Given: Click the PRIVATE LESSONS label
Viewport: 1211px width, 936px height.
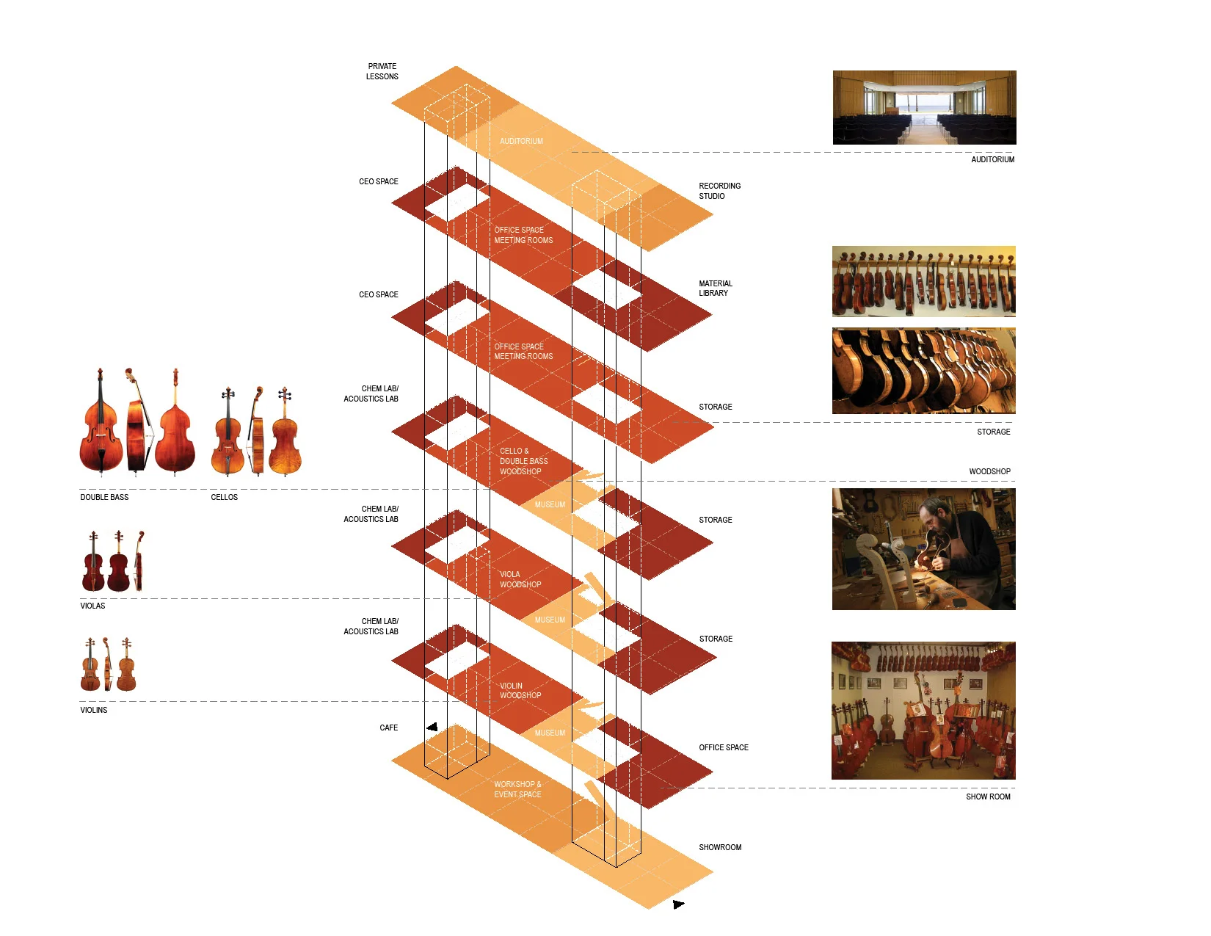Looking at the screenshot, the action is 382,71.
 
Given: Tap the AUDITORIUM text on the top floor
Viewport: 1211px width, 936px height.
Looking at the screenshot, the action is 521,141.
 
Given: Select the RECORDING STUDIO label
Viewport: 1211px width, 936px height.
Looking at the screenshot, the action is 719,191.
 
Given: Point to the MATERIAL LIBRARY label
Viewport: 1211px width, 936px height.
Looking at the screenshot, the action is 715,289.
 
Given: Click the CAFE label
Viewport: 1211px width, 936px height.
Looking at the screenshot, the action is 388,728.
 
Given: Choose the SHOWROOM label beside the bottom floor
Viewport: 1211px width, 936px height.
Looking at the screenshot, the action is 719,847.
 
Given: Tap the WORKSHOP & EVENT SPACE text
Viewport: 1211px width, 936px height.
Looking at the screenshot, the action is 517,789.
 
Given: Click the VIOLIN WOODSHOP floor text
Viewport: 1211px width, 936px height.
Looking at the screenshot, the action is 520,691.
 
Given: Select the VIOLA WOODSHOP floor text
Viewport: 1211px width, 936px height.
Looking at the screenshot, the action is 520,579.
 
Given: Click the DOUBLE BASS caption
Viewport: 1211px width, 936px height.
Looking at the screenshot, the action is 104,497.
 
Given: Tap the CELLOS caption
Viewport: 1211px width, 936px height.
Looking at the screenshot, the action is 224,497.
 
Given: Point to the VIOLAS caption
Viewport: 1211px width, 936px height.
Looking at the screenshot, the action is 92,606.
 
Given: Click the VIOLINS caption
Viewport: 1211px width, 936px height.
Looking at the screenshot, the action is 94,710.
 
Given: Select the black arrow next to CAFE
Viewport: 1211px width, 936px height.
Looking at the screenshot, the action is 432,728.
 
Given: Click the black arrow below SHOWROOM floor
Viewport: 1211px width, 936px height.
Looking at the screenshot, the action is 678,904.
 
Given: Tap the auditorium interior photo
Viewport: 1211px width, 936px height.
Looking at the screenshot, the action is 924,107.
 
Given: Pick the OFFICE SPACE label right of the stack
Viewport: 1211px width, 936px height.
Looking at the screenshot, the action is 723,747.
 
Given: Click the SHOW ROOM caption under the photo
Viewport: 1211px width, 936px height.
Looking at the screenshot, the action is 988,797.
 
